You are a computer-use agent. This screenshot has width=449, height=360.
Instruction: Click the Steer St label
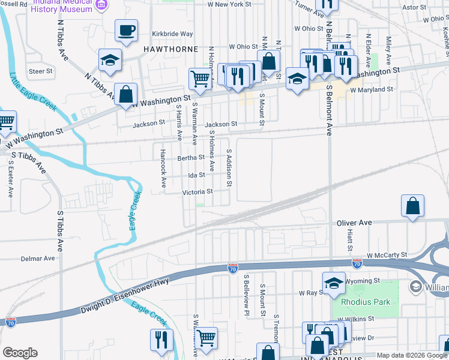[x=41, y=71]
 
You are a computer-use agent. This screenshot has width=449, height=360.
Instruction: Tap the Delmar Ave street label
[x=38, y=259]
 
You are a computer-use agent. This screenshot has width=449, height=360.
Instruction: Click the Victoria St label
[x=198, y=192]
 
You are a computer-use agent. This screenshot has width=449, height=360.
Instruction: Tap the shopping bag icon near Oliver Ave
[x=413, y=206]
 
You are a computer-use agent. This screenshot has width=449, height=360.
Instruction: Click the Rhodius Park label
[x=366, y=302]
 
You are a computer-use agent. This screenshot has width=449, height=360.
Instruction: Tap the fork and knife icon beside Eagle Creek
[x=161, y=340]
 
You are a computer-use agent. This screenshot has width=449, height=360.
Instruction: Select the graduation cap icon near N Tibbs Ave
[x=111, y=59]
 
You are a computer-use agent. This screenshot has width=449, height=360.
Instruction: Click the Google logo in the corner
[x=19, y=353]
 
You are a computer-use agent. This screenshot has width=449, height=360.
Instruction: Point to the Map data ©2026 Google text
[x=412, y=355]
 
